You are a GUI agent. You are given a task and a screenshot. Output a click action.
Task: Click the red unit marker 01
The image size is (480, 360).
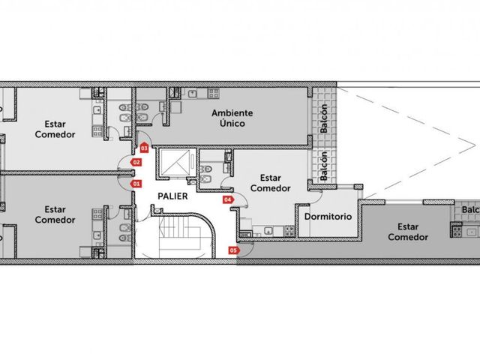click(x=136, y=184)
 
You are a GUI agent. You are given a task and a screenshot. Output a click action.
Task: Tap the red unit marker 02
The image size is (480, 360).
click(x=136, y=162)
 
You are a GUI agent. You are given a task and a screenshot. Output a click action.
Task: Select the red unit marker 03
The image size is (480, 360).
click(x=144, y=148)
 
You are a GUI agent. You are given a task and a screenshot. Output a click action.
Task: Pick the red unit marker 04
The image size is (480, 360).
click(x=228, y=200)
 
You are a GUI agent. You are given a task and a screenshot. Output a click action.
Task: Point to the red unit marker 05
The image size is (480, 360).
click(x=234, y=250)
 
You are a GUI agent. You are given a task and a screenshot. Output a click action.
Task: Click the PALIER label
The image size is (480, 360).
click(x=172, y=196)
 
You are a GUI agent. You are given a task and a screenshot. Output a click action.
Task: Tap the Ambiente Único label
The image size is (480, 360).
click(x=232, y=118)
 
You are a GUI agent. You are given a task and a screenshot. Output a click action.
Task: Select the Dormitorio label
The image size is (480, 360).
click(x=328, y=217)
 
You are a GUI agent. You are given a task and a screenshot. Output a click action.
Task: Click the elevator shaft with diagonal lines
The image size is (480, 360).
click(x=175, y=163)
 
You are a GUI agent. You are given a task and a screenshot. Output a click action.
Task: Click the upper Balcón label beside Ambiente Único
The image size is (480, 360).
click(x=323, y=118)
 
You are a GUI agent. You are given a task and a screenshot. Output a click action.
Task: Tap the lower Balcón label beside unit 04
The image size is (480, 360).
click(x=323, y=166)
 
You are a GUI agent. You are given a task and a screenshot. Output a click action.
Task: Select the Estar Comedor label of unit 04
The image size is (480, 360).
click(x=270, y=183)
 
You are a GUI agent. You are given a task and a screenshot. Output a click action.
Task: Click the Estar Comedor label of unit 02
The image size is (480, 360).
click(x=55, y=129)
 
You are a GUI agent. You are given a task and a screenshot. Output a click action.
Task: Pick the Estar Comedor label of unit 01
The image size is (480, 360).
click(x=55, y=214)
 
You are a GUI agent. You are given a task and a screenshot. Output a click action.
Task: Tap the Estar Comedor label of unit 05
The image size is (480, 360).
click(x=408, y=232)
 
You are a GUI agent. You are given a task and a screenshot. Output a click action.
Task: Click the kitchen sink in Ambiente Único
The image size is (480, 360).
click(x=193, y=93)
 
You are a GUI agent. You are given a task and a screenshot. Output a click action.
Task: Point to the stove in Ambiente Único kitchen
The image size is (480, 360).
click(x=213, y=93)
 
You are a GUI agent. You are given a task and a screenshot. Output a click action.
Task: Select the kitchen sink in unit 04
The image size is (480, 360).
click(x=268, y=231)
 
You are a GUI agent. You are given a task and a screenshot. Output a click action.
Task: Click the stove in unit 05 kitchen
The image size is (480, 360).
click(x=456, y=231)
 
